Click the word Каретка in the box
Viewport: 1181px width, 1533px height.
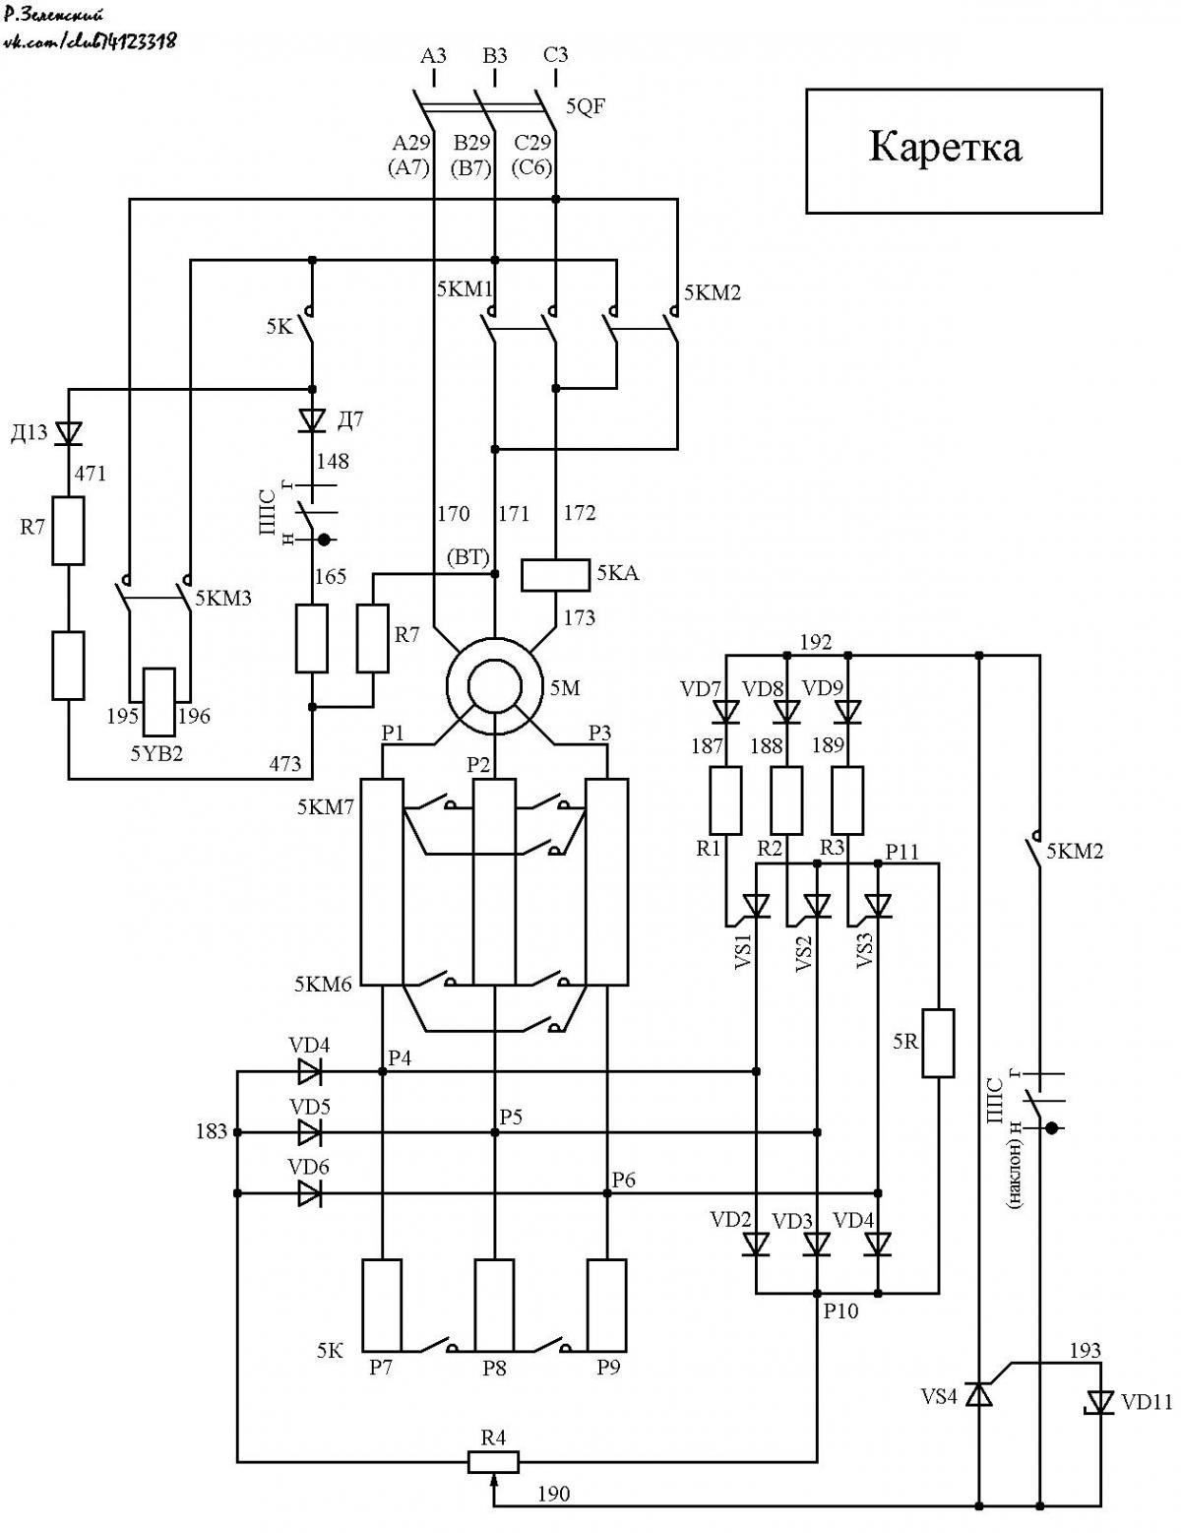click(945, 148)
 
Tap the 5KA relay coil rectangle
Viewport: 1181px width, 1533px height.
click(555, 574)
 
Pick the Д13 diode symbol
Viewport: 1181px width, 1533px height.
click(68, 432)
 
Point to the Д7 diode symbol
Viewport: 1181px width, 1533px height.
click(312, 420)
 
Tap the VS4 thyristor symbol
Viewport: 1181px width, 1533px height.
click(978, 1395)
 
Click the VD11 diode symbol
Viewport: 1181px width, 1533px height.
click(1099, 1402)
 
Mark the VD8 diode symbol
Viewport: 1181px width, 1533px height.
click(787, 711)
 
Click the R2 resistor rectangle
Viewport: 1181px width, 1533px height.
click(787, 800)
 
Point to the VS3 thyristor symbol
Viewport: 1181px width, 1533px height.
click(877, 905)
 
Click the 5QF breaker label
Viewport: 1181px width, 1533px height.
click(586, 107)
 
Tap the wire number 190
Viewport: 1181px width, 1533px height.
click(553, 1494)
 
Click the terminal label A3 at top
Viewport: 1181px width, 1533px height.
click(434, 56)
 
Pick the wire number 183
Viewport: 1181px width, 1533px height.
click(212, 1131)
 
